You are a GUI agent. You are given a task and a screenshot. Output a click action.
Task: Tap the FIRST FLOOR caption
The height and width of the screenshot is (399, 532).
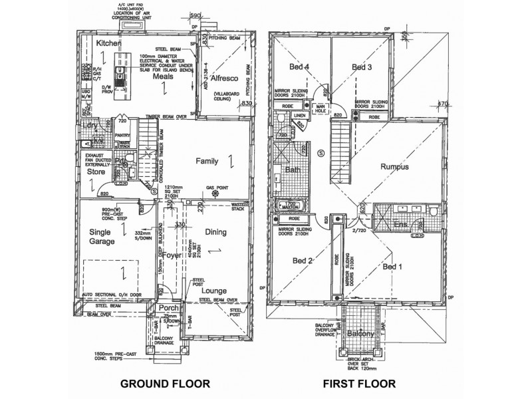point(358,384)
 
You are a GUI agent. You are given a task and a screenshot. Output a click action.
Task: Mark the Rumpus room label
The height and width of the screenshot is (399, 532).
point(394,167)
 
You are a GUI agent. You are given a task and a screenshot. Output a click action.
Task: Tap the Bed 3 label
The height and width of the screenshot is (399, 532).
point(362,67)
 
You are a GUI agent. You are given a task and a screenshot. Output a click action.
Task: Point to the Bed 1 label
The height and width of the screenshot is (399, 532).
point(393,266)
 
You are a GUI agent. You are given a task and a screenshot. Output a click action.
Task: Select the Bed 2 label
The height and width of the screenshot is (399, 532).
point(301,261)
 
